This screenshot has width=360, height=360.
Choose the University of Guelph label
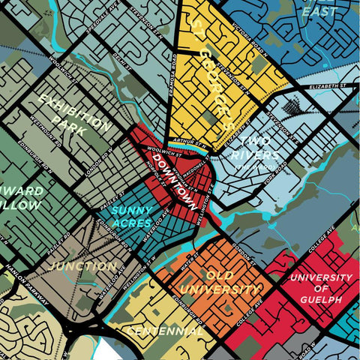click(320, 288)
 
